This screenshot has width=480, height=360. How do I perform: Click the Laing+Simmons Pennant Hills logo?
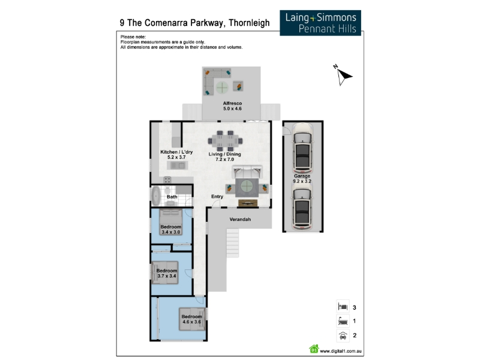tap(320, 22)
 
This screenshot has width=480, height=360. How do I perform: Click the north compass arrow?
tap(343, 75)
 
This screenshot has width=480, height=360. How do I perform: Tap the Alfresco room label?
tap(232, 107)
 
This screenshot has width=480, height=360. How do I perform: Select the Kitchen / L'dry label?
tap(176, 154)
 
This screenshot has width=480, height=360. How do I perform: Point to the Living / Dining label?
tap(224, 157)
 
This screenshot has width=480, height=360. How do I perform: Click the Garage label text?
tap(302, 178)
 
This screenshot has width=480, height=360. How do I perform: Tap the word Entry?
tap(217, 197)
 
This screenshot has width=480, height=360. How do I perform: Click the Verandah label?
tap(239, 220)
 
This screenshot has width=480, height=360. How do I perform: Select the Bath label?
tap(172, 197)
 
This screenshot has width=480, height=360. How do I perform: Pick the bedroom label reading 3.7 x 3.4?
tap(166, 273)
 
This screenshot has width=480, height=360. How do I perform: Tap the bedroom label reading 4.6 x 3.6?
tap(191, 319)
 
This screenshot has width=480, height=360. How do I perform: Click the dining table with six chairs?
tap(226, 140)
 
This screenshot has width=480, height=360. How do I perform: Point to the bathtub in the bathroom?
tap(157, 195)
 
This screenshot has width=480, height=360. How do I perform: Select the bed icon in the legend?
tap(341, 307)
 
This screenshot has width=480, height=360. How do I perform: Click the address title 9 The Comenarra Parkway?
tap(194, 23)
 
